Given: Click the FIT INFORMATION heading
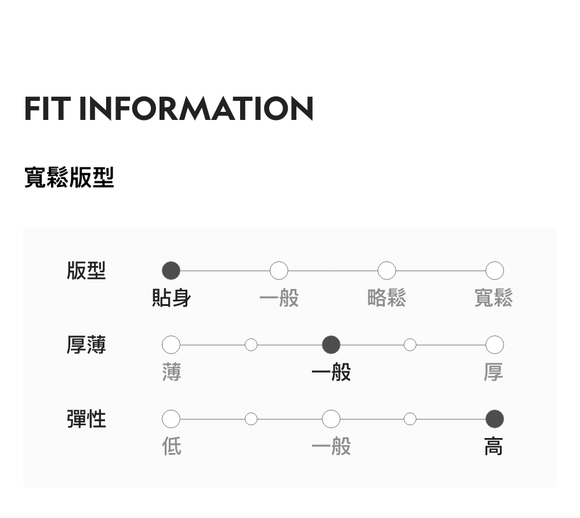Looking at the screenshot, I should pyautogui.click(x=169, y=108).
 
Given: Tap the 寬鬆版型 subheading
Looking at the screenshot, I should pyautogui.click(x=69, y=177).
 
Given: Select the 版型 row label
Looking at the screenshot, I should pyautogui.click(x=86, y=271).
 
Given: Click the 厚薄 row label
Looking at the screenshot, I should pyautogui.click(x=86, y=345).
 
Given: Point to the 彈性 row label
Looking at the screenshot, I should pyautogui.click(x=86, y=418).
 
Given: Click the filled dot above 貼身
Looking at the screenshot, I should pyautogui.click(x=171, y=271).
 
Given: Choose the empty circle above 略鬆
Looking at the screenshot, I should pyautogui.click(x=387, y=271).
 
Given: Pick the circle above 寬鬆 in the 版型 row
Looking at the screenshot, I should pyautogui.click(x=494, y=271).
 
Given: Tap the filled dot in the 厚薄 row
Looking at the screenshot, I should pyautogui.click(x=331, y=345).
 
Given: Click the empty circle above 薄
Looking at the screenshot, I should pyautogui.click(x=171, y=345).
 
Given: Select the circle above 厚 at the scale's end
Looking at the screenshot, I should pyautogui.click(x=494, y=345).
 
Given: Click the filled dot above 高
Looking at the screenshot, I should pyautogui.click(x=494, y=418).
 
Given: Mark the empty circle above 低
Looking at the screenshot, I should pyautogui.click(x=171, y=418).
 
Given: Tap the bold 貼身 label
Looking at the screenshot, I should pyautogui.click(x=171, y=298).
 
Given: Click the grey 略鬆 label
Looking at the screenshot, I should pyautogui.click(x=387, y=298).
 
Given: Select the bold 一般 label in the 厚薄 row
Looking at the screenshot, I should pyautogui.click(x=331, y=373).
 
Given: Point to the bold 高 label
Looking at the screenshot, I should pyautogui.click(x=494, y=447).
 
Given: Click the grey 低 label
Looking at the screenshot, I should pyautogui.click(x=172, y=447).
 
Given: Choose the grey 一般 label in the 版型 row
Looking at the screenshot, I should pyautogui.click(x=279, y=298).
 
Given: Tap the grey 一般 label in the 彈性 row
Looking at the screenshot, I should pyautogui.click(x=331, y=447).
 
